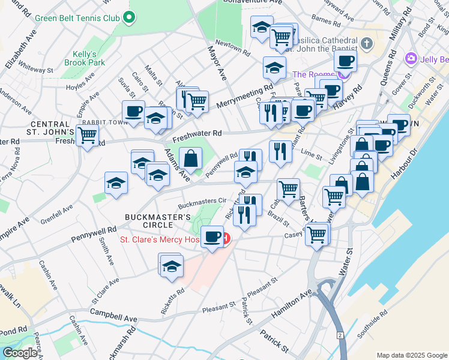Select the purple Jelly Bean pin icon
point(411,59)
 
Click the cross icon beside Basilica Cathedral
point(367,44)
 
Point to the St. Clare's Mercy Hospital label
point(160,239)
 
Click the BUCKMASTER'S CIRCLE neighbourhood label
point(149,221)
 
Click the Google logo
point(20,353)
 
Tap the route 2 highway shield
point(340,334)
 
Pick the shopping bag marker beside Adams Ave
point(190,159)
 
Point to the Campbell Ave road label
point(113,316)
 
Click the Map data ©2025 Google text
point(412,355)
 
